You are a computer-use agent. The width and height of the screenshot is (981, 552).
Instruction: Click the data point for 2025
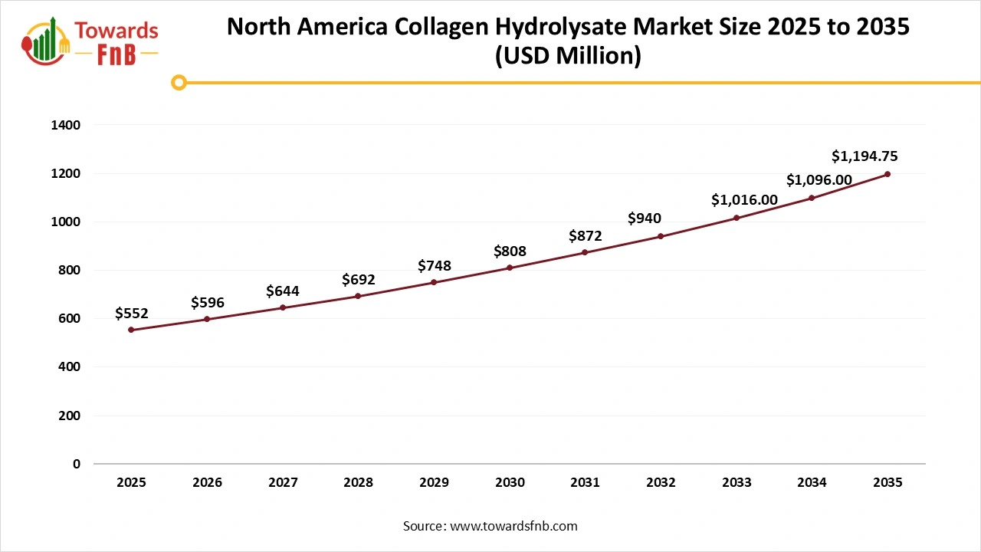coord(131,330)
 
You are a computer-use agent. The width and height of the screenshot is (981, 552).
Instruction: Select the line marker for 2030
coord(510,268)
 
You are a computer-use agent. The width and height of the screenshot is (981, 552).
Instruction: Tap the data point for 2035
coord(887,174)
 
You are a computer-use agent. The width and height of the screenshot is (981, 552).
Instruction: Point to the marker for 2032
coord(661,236)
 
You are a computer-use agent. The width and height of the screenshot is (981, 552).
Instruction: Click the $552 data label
coord(131,313)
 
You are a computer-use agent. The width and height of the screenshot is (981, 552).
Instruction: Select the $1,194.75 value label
coord(865,156)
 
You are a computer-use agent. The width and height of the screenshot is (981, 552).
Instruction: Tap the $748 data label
coord(434,266)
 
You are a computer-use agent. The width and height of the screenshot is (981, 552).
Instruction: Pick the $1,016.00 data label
coord(744,200)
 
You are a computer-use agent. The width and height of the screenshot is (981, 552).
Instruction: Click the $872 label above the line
coord(586,236)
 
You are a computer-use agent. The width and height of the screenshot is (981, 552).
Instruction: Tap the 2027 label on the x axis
coord(283,483)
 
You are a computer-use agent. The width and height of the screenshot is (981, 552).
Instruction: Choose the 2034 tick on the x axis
coord(812,483)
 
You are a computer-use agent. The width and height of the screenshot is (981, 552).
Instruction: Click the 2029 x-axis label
coord(434,483)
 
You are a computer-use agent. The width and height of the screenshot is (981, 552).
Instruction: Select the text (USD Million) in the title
coord(568,56)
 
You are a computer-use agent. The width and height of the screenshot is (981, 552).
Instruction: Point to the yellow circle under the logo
coord(179,82)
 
